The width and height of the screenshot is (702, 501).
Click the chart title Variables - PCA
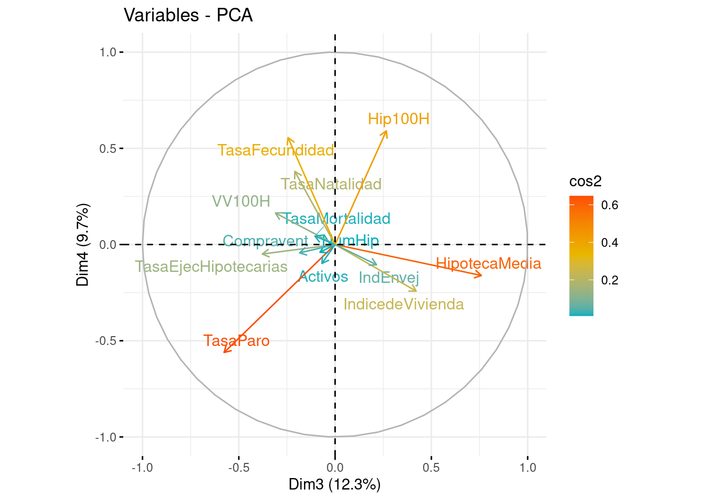point(188,16)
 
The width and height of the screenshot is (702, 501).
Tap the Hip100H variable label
point(399,119)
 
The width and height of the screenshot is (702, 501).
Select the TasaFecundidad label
point(276,150)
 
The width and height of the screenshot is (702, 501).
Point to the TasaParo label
point(237,341)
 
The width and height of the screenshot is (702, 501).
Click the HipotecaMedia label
point(488,264)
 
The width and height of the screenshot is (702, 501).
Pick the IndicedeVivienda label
point(404,304)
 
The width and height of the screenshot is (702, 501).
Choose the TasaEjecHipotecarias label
point(212,267)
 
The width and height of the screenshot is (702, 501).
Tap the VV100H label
point(241,201)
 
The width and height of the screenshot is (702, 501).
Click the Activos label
point(323,277)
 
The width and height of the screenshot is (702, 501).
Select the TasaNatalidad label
point(331,184)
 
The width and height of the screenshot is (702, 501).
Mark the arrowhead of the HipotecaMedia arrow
point(482,276)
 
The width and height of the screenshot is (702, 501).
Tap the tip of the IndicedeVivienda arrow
point(417,291)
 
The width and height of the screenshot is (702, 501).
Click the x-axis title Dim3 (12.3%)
point(335,484)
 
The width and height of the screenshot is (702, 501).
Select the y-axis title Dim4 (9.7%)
point(83,244)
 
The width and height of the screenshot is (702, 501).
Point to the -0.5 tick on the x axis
point(239,467)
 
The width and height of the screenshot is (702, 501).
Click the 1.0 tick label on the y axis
point(107,52)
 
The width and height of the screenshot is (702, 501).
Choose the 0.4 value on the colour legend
point(610,243)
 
